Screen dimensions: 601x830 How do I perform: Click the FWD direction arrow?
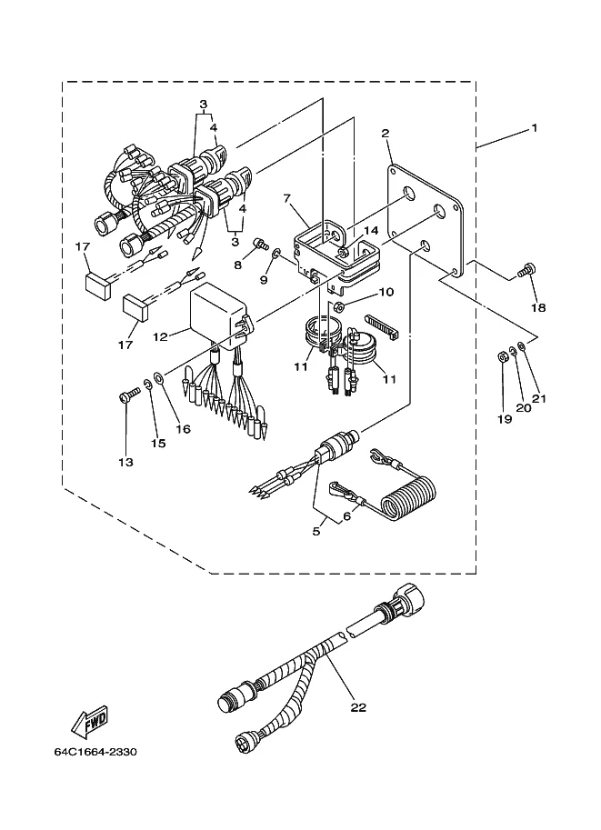[x=90, y=721]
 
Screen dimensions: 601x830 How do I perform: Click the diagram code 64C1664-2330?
[x=95, y=752]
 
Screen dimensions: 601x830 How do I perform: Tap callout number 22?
[x=358, y=707]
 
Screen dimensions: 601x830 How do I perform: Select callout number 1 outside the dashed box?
[x=535, y=127]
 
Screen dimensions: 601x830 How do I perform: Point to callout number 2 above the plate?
[x=385, y=133]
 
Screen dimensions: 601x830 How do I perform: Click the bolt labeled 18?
[x=523, y=269]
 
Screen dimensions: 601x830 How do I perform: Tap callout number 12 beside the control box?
[x=160, y=336]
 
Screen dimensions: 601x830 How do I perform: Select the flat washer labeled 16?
[x=158, y=377]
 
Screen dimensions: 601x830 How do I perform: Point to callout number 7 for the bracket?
[x=287, y=198]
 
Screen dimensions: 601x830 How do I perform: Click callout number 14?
[x=371, y=230]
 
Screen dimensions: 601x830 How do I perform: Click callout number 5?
[x=316, y=531]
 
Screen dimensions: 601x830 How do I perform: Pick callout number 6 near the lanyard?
[x=346, y=515]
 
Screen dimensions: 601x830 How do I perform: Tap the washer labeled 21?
[x=522, y=346]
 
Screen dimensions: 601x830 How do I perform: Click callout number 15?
[x=158, y=443]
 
